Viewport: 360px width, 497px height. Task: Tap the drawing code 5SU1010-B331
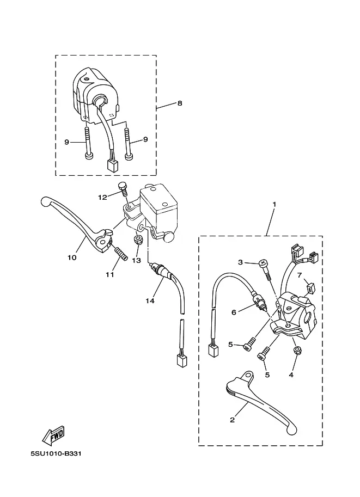tap(56, 453)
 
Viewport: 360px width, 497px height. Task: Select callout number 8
tap(180, 103)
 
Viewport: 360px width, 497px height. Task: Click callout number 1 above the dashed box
tap(274, 205)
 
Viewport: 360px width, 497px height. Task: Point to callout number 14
tap(150, 300)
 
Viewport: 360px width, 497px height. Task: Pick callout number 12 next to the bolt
tap(102, 198)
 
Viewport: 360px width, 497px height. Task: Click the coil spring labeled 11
tap(120, 254)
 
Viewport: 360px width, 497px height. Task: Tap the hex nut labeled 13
tap(138, 240)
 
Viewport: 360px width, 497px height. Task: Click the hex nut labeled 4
tap(297, 351)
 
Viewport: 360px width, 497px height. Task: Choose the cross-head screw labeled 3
tap(263, 263)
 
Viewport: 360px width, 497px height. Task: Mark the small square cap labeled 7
tap(310, 289)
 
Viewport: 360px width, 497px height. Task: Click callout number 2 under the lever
tap(232, 420)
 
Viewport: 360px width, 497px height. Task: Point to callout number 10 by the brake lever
tap(72, 257)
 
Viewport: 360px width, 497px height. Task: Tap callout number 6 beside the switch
tap(234, 312)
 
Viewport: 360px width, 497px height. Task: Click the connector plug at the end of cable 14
tap(182, 361)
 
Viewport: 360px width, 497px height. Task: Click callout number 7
tap(300, 275)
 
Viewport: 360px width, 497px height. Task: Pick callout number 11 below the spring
tap(110, 274)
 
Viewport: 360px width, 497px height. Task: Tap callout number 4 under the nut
tap(291, 375)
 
